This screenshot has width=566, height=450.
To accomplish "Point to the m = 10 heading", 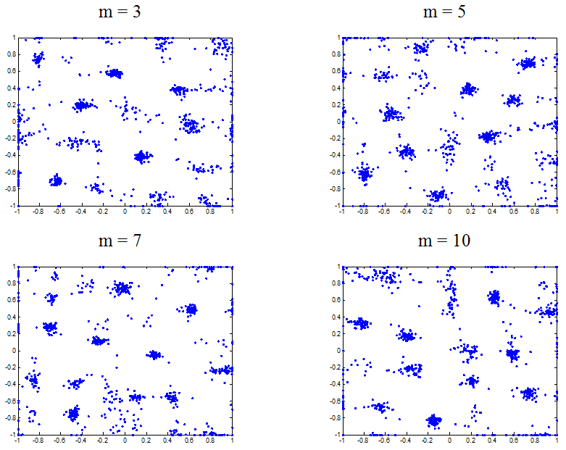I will [449, 241].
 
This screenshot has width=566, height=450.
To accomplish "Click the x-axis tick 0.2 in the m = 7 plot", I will [146, 441].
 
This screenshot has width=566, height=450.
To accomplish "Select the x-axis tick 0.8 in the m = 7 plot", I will [211, 441].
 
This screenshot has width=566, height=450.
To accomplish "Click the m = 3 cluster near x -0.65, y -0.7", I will [55, 180].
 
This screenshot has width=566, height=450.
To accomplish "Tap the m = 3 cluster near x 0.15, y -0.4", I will [142, 156].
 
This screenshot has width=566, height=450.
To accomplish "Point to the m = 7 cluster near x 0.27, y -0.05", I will [154, 355].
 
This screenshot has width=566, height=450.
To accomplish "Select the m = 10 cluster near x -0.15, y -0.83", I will [433, 420].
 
